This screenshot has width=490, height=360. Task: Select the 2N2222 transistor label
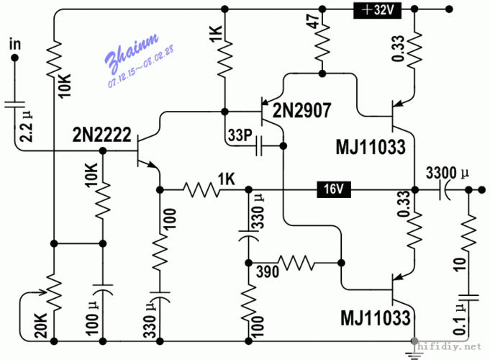101,134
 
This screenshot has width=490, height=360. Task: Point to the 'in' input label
14,45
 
